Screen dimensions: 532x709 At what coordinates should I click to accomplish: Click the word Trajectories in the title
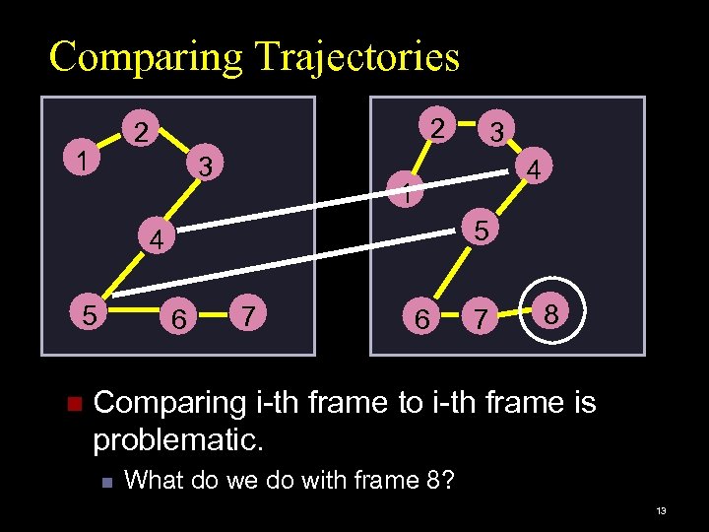[356, 57]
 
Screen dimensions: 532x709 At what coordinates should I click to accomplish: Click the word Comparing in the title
[147, 57]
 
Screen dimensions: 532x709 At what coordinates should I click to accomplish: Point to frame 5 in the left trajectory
[89, 315]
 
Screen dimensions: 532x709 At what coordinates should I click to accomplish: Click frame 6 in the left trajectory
[177, 318]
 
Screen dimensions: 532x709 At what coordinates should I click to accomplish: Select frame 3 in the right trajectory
[497, 131]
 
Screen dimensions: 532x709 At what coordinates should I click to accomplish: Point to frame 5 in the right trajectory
[481, 230]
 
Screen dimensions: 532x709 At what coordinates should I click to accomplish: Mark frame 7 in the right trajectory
[480, 318]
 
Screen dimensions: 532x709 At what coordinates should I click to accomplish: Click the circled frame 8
[553, 314]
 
